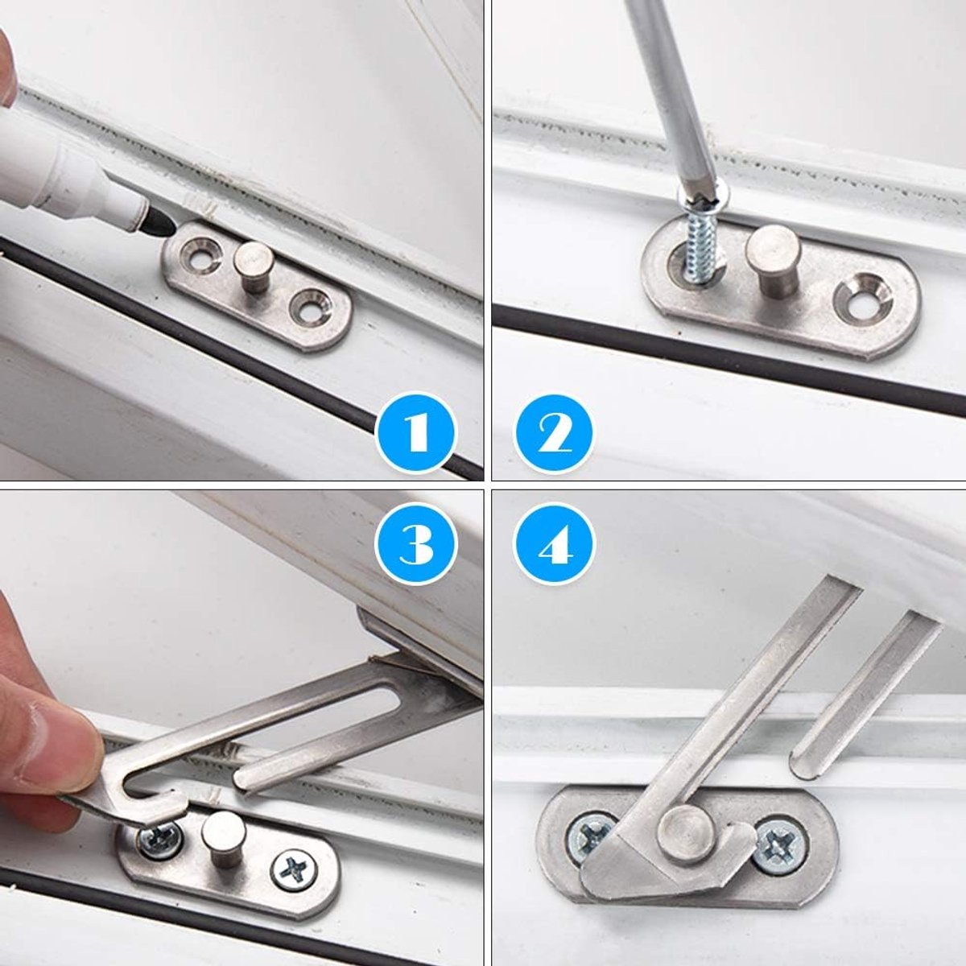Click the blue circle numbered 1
(x=415, y=432)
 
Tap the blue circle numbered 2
(x=553, y=432)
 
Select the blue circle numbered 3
(x=415, y=545)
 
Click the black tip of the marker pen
(x=160, y=221)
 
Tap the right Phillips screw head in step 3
(x=295, y=877)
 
